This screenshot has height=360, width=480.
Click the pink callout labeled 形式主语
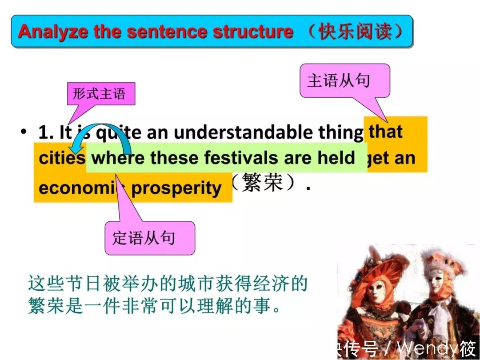(99, 94)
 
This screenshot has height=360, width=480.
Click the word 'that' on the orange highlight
(385, 132)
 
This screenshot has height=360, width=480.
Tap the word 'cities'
(62, 158)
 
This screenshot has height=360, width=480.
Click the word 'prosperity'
(176, 188)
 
